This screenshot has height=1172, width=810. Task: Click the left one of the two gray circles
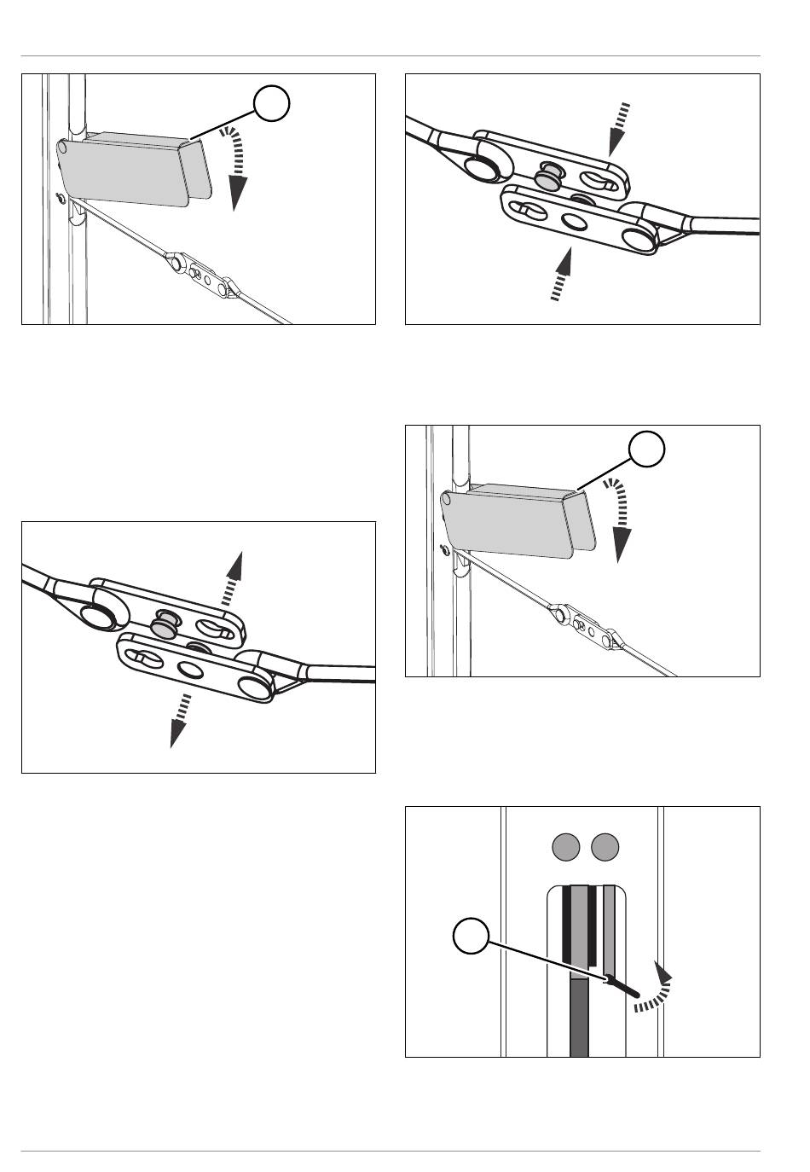point(567,847)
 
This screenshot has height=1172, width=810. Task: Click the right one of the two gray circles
point(605,847)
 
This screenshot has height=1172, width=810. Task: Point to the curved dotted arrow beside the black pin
point(655,991)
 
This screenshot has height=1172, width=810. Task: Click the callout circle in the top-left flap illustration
point(271,104)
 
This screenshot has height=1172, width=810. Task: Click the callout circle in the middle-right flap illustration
point(647,450)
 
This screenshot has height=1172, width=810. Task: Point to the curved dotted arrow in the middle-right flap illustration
point(621,518)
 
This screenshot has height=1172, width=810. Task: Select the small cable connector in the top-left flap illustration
point(201,272)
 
